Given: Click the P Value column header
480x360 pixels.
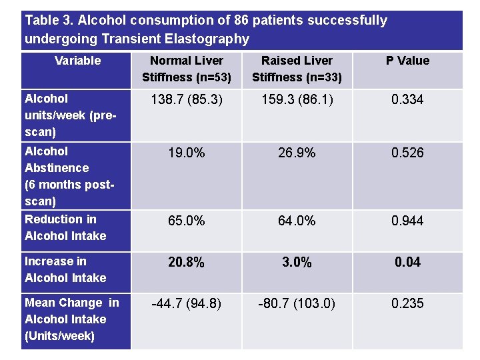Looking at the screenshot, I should pyautogui.click(x=407, y=61).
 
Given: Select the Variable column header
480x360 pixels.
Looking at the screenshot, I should pyautogui.click(x=77, y=61).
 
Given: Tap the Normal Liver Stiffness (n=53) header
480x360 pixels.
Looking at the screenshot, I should pyautogui.click(x=187, y=69).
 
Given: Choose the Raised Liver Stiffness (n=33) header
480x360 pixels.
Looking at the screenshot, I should pyautogui.click(x=297, y=69).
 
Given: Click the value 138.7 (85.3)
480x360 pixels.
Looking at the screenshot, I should pyautogui.click(x=187, y=100).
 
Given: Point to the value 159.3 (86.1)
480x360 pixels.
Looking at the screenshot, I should pyautogui.click(x=297, y=100).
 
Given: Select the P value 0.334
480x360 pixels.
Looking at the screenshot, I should pyautogui.click(x=407, y=100).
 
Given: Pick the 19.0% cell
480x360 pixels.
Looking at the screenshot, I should pyautogui.click(x=187, y=153).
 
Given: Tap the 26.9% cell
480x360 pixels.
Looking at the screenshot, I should pyautogui.click(x=297, y=153).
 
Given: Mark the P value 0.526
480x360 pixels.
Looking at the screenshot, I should pyautogui.click(x=407, y=153).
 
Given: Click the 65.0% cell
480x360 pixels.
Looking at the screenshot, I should pyautogui.click(x=187, y=221).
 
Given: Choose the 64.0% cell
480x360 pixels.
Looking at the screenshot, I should pyautogui.click(x=297, y=221).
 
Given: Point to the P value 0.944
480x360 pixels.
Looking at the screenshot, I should pyautogui.click(x=407, y=221).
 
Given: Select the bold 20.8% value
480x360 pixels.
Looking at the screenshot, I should pyautogui.click(x=187, y=263).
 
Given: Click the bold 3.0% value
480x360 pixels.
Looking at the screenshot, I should pyautogui.click(x=297, y=263).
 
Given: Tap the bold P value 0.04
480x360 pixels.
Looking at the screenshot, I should pyautogui.click(x=407, y=263).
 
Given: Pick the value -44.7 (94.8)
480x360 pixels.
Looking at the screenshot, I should pyautogui.click(x=187, y=304).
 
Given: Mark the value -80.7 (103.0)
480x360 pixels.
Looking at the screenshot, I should pyautogui.click(x=297, y=304).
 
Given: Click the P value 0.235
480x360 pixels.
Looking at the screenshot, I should pyautogui.click(x=407, y=304).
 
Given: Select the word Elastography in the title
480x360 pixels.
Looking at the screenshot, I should pyautogui.click(x=209, y=39).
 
